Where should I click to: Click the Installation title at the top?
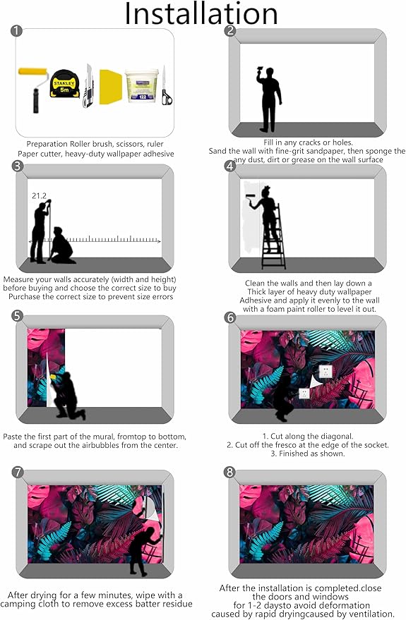[201, 13]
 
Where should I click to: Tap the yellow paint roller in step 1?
[34, 90]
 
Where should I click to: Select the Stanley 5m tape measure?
[64, 84]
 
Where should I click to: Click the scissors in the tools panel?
[166, 85]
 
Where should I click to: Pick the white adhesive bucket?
[142, 86]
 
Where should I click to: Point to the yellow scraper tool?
[110, 87]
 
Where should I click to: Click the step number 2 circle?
[230, 30]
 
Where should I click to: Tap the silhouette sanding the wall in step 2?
[269, 99]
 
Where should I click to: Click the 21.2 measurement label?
[39, 195]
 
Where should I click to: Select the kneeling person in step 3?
[61, 245]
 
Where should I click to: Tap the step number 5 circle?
[18, 316]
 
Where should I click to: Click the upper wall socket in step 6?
[326, 371]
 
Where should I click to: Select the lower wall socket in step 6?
[304, 394]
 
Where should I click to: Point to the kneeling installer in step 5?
[67, 396]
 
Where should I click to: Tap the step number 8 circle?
[229, 472]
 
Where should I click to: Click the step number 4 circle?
[230, 166]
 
